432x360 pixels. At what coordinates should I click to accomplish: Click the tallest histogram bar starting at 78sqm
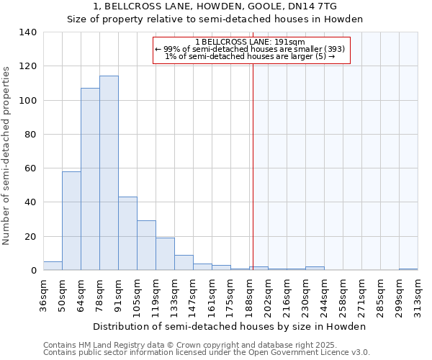109,173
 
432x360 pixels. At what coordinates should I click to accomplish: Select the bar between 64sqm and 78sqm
90,179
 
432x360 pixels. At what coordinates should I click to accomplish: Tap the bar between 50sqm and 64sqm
71,220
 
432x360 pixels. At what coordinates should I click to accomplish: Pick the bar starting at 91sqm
127,233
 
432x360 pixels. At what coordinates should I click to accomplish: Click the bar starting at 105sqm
146,246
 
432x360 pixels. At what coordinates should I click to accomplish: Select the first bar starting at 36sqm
53,266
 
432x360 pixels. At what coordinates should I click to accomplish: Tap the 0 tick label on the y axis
33,271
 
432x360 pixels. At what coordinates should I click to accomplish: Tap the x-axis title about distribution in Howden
230,326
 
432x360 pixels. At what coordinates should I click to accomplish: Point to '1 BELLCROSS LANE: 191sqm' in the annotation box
251,42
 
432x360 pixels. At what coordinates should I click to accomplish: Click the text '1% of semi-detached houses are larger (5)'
251,56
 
